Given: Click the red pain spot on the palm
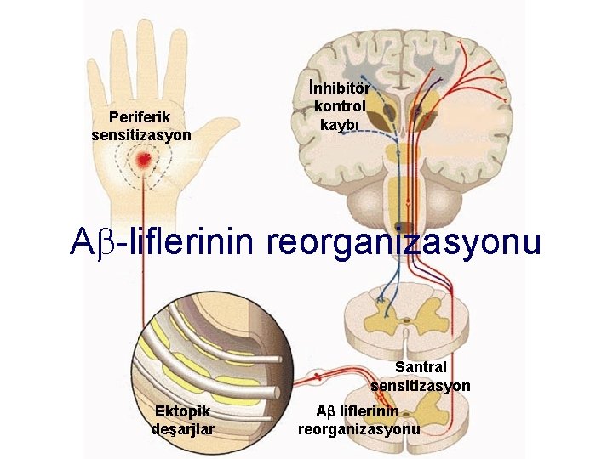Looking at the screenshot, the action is tap(144, 159).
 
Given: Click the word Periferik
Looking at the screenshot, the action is tap(140, 117).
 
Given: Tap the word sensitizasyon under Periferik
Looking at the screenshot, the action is tap(140, 134).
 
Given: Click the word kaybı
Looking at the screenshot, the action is tap(340, 124).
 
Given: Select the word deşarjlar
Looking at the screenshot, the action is tap(182, 428).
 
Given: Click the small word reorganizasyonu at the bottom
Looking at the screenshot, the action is tap(358, 428).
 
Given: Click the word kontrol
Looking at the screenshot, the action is tap(340, 106).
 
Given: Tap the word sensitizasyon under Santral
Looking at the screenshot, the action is tap(421, 385).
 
